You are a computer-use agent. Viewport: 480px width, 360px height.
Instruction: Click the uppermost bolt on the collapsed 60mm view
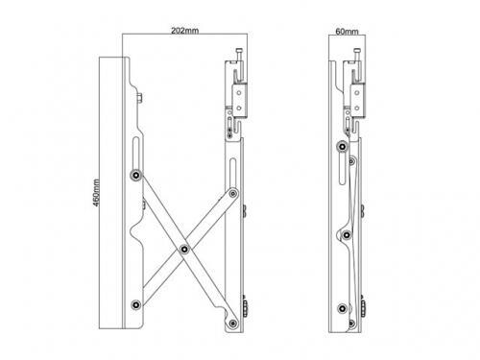coord(343,145)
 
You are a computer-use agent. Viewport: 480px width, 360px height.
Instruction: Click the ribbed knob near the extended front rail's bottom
coord(244,307)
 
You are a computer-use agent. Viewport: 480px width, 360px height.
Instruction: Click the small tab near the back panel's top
coord(142,99)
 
